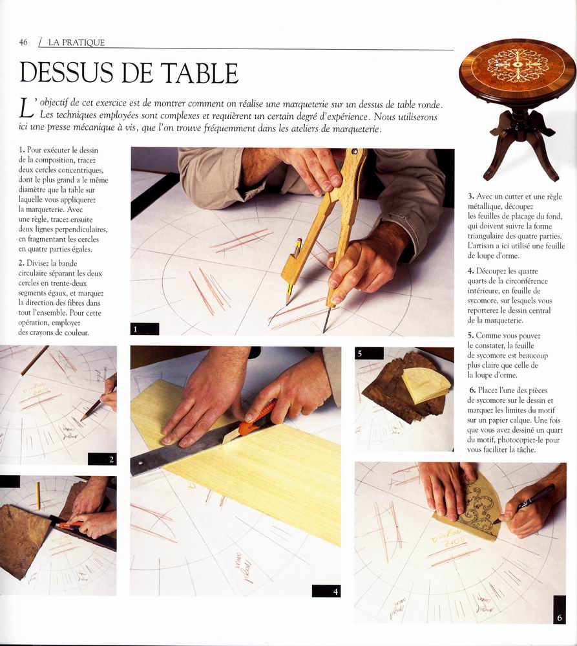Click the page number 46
pos(23,42)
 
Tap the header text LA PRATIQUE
pos(76,43)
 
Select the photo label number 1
pos(136,328)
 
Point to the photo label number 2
pos(111,460)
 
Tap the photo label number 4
pos(335,592)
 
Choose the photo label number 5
pos(360,353)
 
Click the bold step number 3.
pos(471,197)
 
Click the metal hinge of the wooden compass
pos(355,153)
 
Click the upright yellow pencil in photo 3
pos(38,495)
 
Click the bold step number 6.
pos(473,390)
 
